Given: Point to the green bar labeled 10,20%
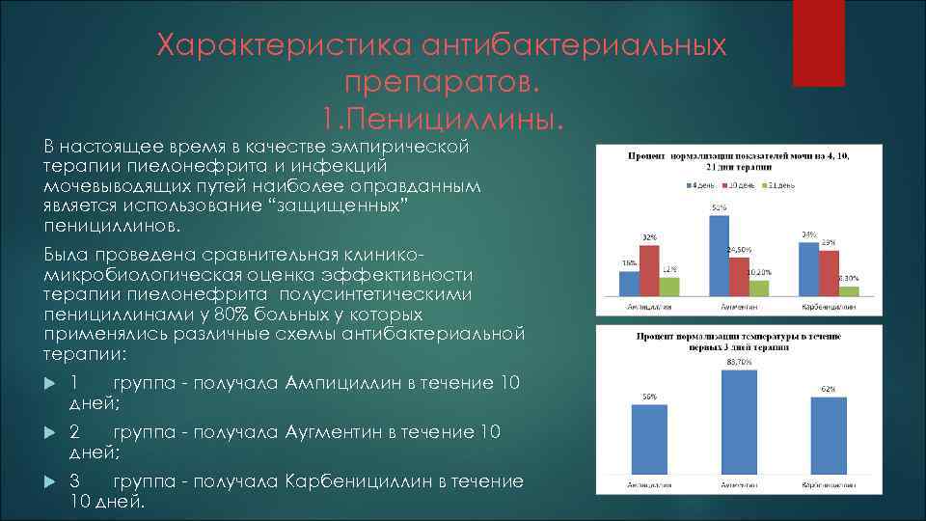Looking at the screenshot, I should click(759, 288).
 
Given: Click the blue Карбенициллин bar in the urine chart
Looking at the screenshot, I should click(808, 269).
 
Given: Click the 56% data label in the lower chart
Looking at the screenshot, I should click(649, 397).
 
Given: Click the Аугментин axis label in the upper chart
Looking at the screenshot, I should click(738, 307).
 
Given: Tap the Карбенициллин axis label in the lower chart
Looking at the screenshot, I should click(828, 483).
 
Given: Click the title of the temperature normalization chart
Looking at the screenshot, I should click(738, 341).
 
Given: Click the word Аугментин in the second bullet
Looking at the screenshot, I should click(334, 432).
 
